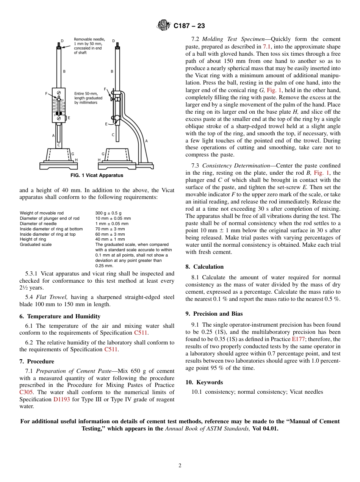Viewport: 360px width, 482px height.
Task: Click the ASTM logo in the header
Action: click(164, 26)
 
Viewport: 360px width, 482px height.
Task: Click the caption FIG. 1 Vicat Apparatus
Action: click(97, 175)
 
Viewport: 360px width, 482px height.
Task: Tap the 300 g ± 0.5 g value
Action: click(108, 213)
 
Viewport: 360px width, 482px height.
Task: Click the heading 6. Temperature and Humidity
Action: click(60, 316)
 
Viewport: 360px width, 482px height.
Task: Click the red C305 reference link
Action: click(26, 392)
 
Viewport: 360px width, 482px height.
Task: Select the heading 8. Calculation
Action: click(205, 267)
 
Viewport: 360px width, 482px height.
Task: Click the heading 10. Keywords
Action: click(204, 382)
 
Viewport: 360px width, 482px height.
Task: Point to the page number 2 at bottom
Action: click(180, 466)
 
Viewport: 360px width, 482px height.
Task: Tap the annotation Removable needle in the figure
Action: click(89, 39)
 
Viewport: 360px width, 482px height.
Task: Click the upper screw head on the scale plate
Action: click(59, 92)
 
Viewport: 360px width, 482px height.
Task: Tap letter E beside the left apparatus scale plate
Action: click(69, 118)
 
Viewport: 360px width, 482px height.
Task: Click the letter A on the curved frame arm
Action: click(147, 141)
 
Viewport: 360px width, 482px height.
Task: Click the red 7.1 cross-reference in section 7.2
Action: click(267, 47)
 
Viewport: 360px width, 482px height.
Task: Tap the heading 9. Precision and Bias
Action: click(214, 314)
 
